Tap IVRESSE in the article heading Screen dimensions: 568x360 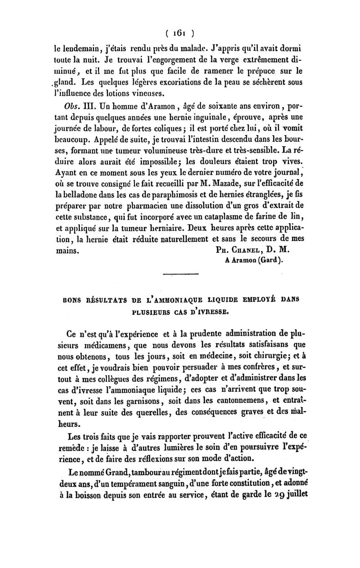(212, 309)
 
